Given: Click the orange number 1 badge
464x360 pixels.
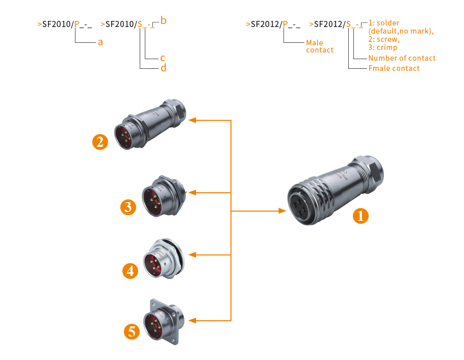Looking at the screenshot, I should tap(361, 216).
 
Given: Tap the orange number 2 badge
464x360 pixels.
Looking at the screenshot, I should tap(100, 141).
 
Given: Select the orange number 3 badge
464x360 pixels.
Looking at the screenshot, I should tap(128, 207).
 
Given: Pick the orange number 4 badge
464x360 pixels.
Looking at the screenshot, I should tap(131, 270).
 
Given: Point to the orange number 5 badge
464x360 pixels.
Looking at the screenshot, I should tap(132, 332).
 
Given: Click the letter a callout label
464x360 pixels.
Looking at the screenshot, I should tap(100, 42).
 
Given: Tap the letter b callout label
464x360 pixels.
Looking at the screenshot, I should tap(163, 21).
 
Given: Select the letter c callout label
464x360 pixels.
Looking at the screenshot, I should tap(163, 58).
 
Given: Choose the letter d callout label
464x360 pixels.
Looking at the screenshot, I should tap(163, 68).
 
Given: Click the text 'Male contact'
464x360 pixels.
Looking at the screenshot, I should tap(320, 46).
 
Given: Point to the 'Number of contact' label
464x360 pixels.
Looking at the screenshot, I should tap(402, 58).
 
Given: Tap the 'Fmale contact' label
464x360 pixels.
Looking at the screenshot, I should tap(394, 68).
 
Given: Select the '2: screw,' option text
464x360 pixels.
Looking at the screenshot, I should tap(384, 39).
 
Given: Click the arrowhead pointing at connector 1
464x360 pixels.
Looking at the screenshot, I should tap(282, 211).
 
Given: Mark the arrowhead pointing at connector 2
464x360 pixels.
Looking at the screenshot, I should tap(193, 120).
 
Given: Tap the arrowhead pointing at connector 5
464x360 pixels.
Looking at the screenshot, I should tap(193, 320).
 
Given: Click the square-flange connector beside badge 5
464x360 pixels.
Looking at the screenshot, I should tap(164, 322).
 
